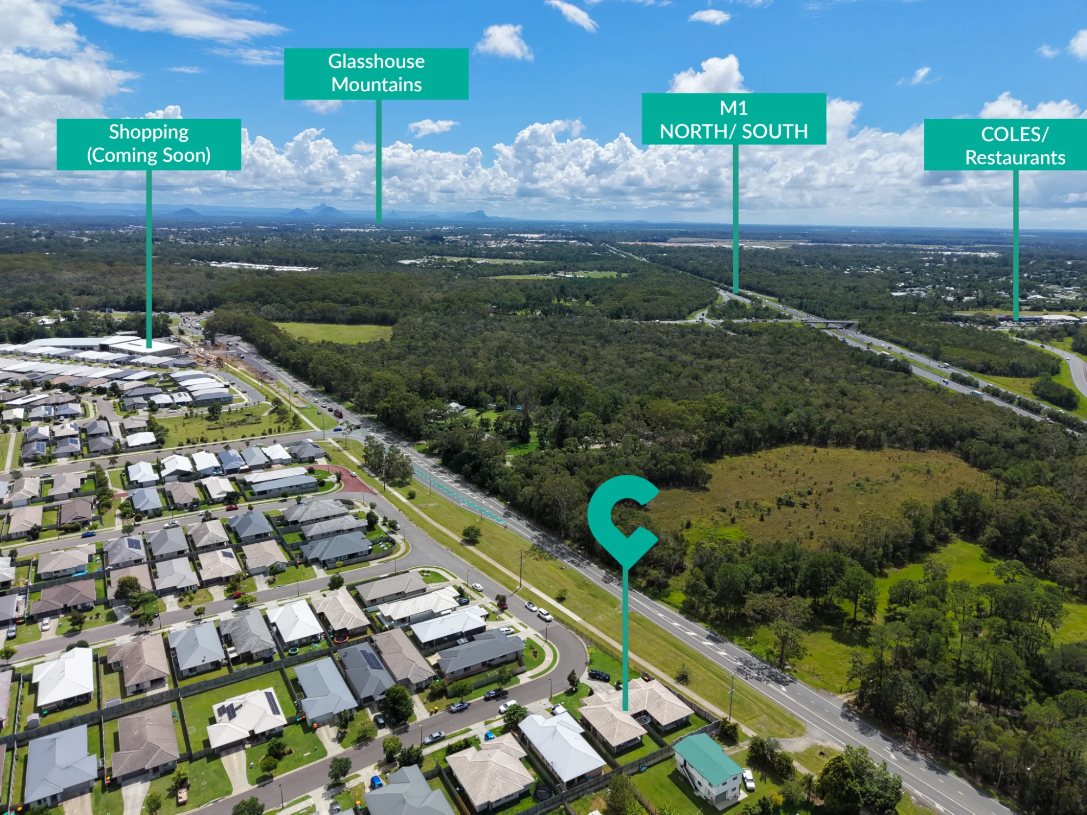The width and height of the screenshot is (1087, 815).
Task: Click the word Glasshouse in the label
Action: [x=376, y=61]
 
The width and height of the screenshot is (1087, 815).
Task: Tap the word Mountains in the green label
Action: [x=376, y=85]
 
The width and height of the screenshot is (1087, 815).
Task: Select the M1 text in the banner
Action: [x=734, y=108]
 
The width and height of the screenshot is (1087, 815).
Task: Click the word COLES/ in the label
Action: [x=1014, y=134]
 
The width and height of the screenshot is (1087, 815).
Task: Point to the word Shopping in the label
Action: [x=148, y=133]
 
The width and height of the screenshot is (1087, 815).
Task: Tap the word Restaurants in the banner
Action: [x=1015, y=158]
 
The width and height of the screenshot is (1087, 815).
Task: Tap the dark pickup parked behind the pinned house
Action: [x=599, y=675]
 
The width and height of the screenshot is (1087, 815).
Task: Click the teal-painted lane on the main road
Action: [x=457, y=494]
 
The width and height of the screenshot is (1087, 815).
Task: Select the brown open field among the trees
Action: [x=837, y=489]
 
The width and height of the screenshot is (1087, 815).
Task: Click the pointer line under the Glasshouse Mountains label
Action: [x=378, y=161]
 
